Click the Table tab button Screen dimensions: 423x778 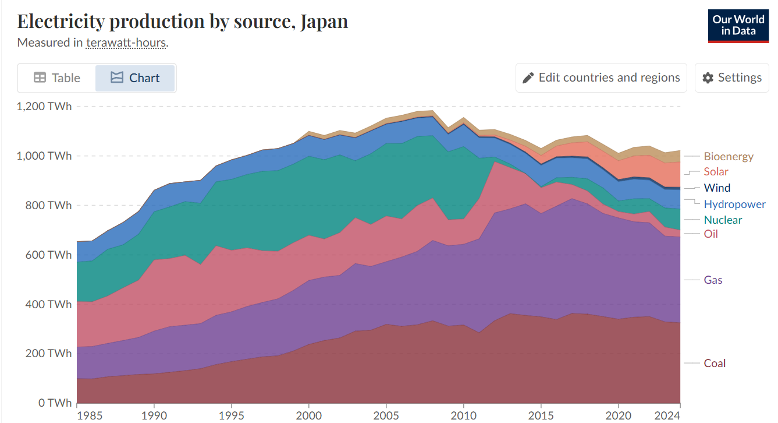(x=57, y=78)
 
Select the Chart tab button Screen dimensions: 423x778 (x=135, y=78)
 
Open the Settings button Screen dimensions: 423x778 (x=731, y=78)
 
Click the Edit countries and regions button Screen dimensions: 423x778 (x=601, y=78)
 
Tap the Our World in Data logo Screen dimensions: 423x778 (x=738, y=26)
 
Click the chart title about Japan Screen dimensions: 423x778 (x=183, y=22)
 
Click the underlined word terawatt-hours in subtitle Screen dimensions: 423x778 (x=126, y=43)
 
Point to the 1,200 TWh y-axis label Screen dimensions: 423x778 (x=45, y=107)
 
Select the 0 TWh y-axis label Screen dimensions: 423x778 (x=56, y=403)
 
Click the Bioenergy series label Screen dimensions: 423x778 (x=728, y=157)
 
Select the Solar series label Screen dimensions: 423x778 (x=716, y=172)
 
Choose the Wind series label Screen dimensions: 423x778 (x=717, y=188)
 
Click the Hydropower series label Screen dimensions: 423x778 (x=734, y=205)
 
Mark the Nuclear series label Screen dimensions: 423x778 (x=723, y=220)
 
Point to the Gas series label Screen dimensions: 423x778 (x=713, y=280)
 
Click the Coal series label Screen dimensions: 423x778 (x=715, y=364)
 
